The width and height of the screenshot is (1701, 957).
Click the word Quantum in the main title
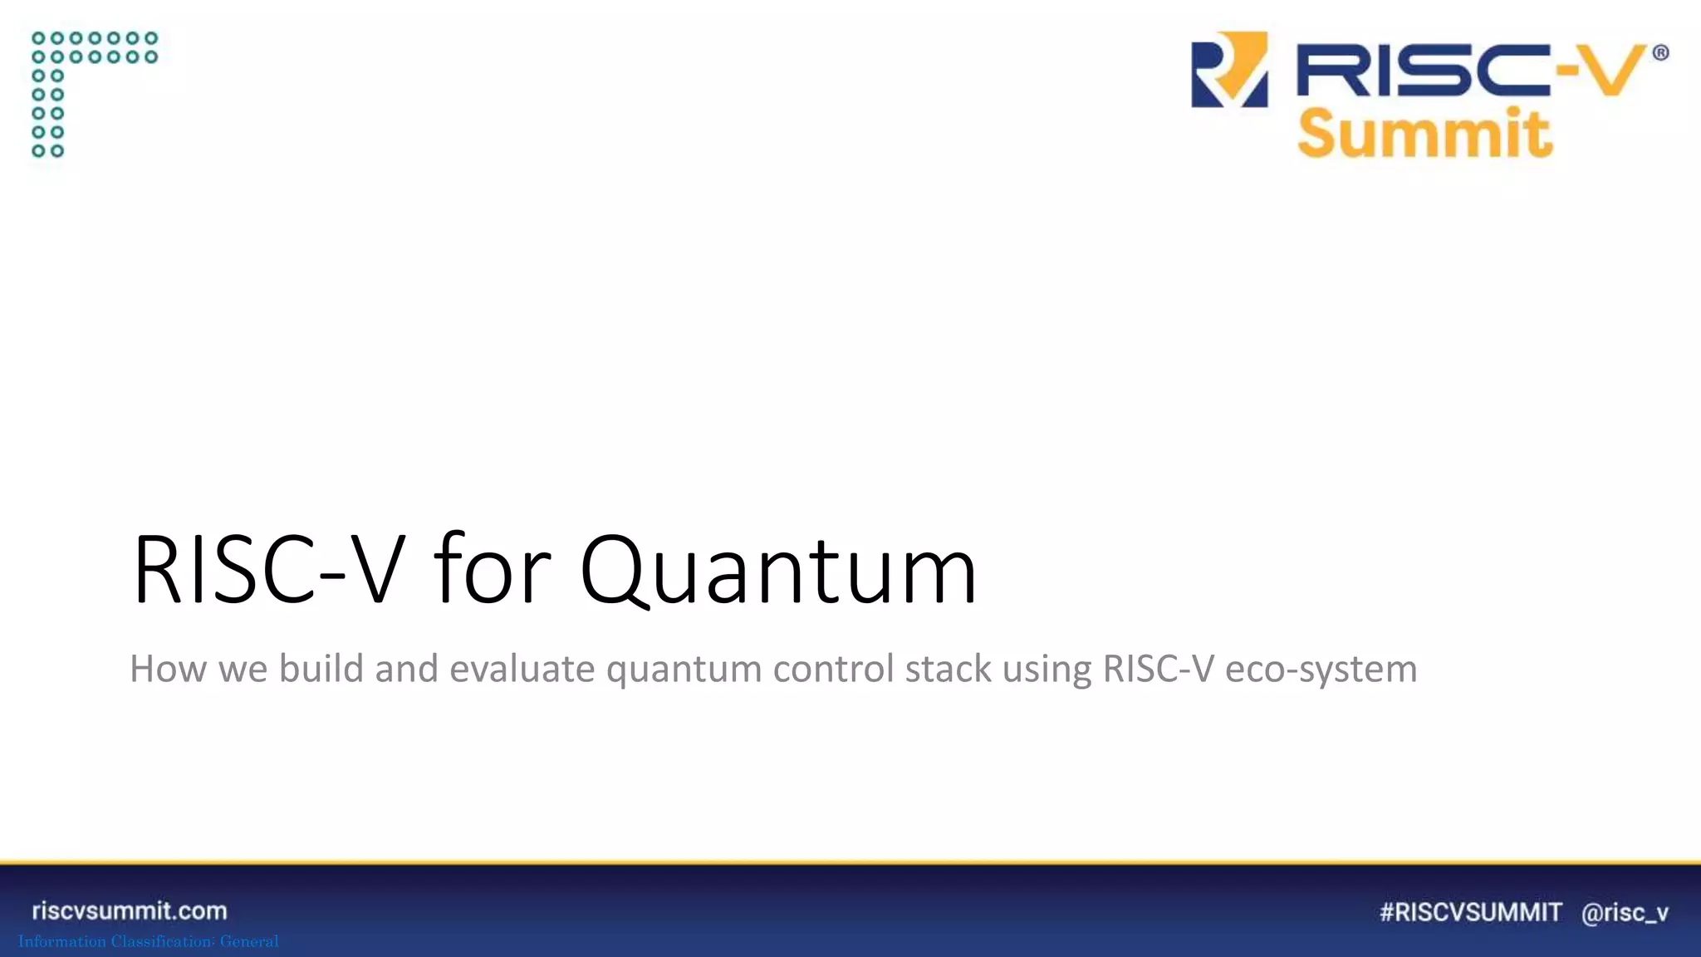(778, 571)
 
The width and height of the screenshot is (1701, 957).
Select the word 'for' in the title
(492, 571)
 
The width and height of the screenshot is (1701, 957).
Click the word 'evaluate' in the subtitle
(522, 669)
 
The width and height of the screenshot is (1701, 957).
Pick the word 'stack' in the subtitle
(948, 669)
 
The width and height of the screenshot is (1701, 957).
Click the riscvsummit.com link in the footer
(130, 910)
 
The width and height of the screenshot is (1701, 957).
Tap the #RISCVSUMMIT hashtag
(1470, 912)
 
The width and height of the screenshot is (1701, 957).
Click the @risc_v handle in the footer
(1625, 913)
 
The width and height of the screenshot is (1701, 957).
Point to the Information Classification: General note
(149, 941)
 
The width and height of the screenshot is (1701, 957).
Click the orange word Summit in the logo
(1424, 133)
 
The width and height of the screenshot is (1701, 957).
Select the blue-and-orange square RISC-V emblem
(1229, 70)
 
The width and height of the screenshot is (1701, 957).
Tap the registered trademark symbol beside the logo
(1660, 53)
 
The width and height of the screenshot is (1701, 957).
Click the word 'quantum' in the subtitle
(684, 669)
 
